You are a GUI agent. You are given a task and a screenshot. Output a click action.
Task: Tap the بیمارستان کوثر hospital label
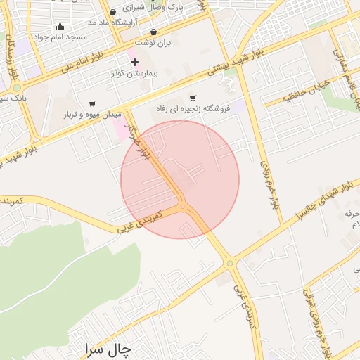click(x=134, y=73)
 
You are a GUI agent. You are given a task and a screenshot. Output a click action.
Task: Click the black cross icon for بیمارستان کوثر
click(x=134, y=62)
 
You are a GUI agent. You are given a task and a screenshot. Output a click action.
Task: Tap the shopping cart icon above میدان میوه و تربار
click(x=92, y=103)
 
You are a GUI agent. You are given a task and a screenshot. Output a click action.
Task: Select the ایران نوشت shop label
click(x=154, y=43)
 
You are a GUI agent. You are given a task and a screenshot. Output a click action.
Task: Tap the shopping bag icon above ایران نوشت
click(x=154, y=32)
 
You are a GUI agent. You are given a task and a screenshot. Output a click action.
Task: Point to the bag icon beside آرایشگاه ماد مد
click(x=113, y=12)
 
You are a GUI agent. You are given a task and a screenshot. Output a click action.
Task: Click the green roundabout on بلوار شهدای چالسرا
click(x=230, y=263)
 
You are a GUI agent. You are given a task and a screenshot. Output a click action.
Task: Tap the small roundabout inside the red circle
click(x=183, y=207)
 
